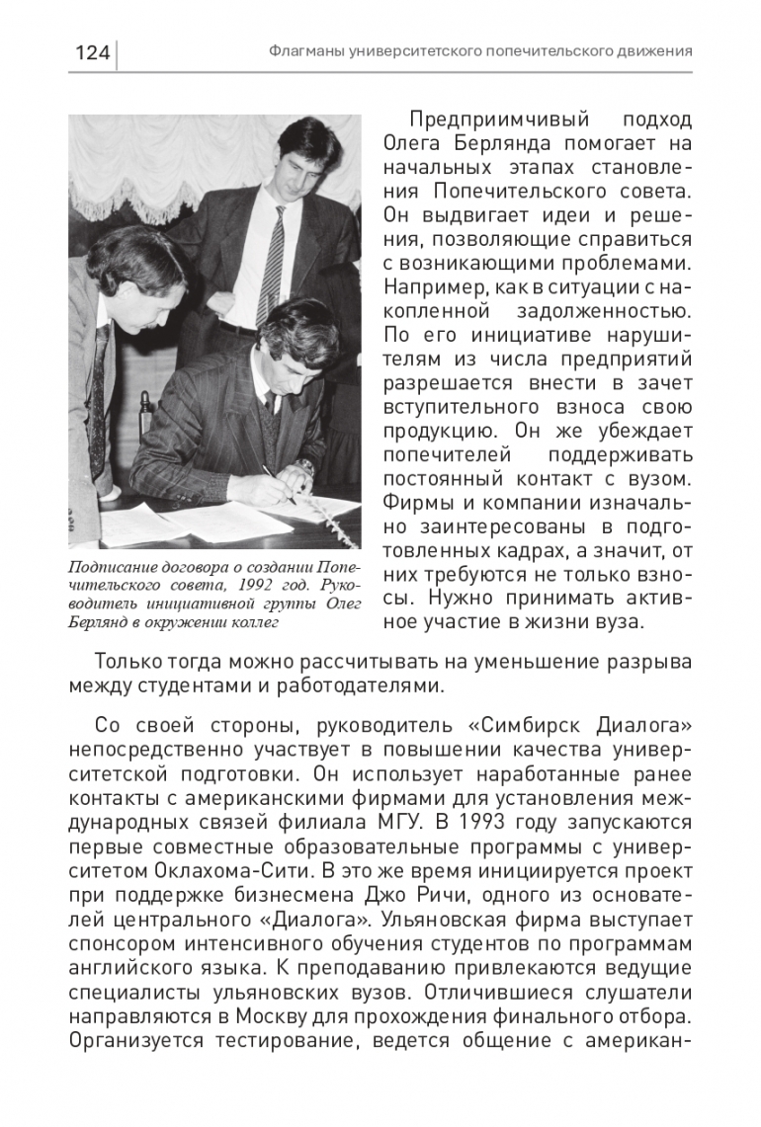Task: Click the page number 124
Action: pos(92,51)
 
